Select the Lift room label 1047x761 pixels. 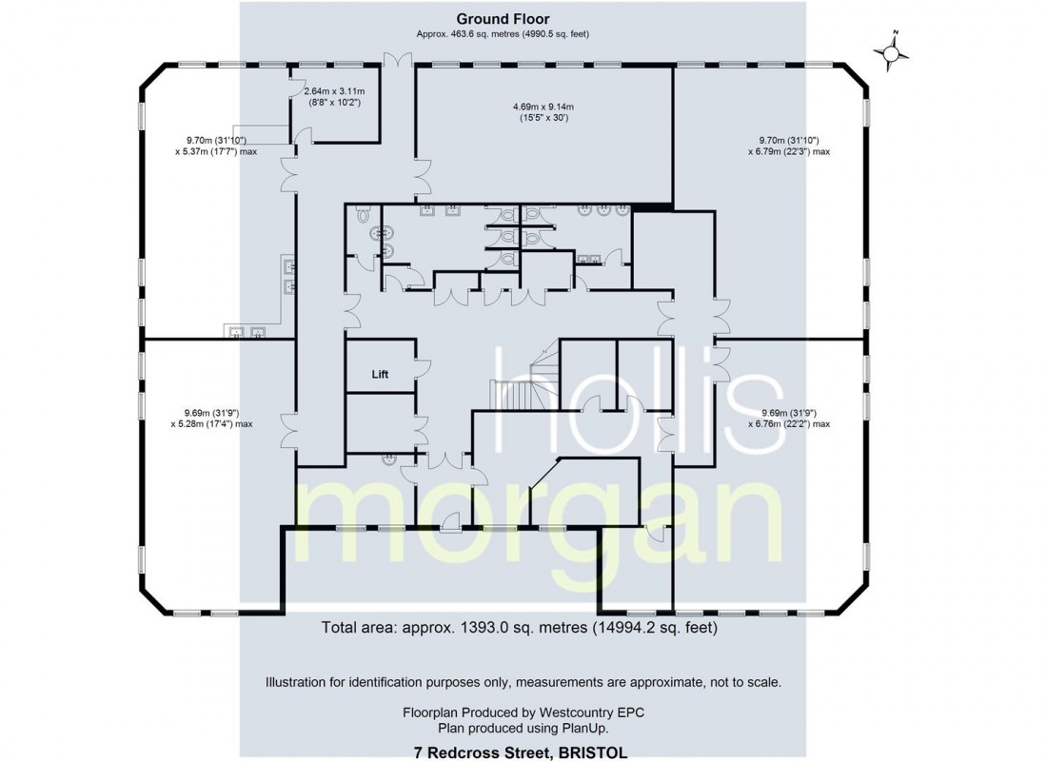(x=381, y=375)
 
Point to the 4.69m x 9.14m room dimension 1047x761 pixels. (x=543, y=112)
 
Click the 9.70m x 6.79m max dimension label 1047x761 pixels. (x=788, y=146)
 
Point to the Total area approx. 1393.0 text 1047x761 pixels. (x=519, y=628)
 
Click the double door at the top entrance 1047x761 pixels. (x=396, y=59)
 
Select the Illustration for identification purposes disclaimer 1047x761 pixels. (x=523, y=682)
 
